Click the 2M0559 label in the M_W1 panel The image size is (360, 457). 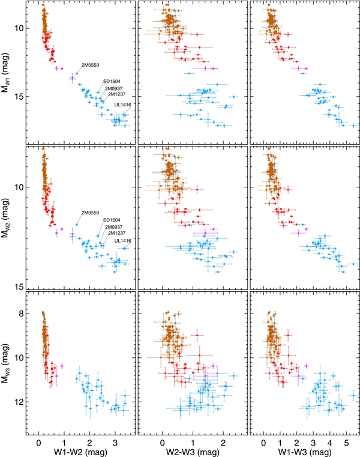click(x=91, y=64)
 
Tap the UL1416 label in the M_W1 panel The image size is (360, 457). click(x=122, y=104)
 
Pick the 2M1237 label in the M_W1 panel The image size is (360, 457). click(x=115, y=94)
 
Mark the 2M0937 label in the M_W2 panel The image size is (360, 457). click(x=114, y=227)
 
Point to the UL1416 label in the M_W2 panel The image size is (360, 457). click(x=122, y=241)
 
